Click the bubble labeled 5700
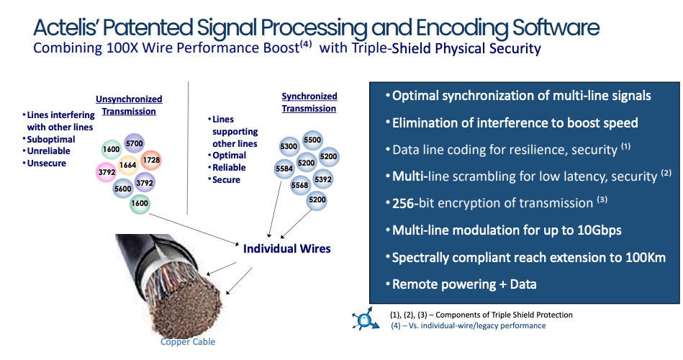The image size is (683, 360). click(134, 144)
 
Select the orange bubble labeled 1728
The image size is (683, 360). click(151, 159)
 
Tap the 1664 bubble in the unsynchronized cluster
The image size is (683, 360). click(128, 165)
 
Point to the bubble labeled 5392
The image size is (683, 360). click(323, 179)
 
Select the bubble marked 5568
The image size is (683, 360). click(299, 185)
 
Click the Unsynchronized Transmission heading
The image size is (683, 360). click(129, 105)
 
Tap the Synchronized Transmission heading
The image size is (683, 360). click(309, 102)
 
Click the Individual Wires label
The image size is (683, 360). click(287, 248)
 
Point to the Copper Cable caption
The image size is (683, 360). click(188, 341)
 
